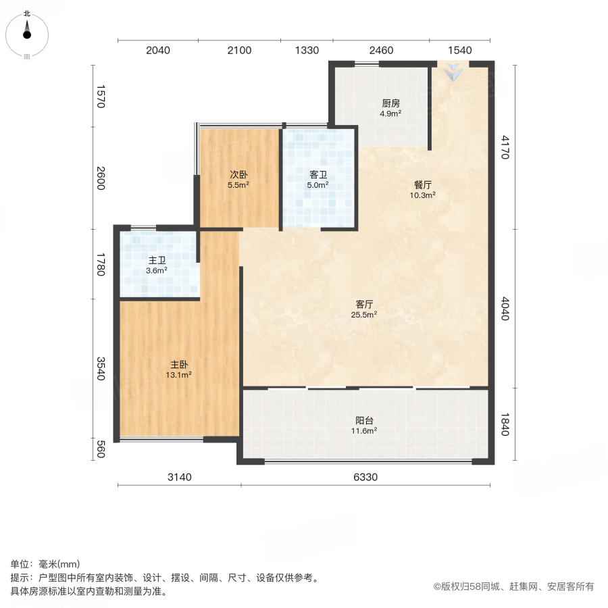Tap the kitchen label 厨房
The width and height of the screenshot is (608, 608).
(x=391, y=103)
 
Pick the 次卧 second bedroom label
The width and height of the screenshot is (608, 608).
(x=238, y=174)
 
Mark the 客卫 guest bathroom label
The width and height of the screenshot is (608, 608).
(x=318, y=174)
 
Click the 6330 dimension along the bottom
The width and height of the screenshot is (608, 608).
(x=365, y=478)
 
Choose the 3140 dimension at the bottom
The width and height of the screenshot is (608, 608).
(x=180, y=478)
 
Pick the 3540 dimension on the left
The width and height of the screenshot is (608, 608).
(x=101, y=369)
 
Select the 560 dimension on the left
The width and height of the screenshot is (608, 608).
(x=101, y=449)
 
